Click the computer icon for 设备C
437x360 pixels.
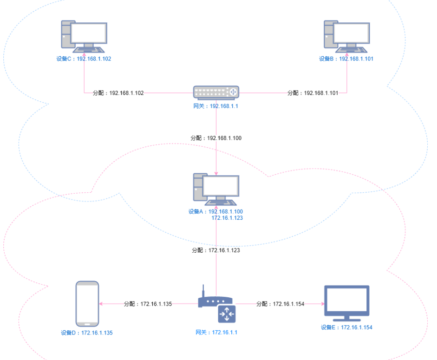[x=84, y=36]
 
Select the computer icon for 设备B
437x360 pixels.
[x=347, y=36]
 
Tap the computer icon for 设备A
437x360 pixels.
[x=216, y=190]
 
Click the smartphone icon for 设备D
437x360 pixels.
[x=87, y=303]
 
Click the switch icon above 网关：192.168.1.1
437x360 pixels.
[x=216, y=92]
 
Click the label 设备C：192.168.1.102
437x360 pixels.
[x=84, y=59]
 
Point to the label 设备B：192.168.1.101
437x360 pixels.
[x=346, y=59]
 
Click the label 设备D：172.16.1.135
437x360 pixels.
[x=87, y=333]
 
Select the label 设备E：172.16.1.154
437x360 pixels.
[x=346, y=327]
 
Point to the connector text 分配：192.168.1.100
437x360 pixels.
[x=216, y=138]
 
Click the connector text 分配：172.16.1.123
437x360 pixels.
[x=216, y=250]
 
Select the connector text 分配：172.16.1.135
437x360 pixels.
[x=148, y=304]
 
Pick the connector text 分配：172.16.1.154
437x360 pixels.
[x=280, y=304]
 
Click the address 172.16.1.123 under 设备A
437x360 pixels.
[x=227, y=217]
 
